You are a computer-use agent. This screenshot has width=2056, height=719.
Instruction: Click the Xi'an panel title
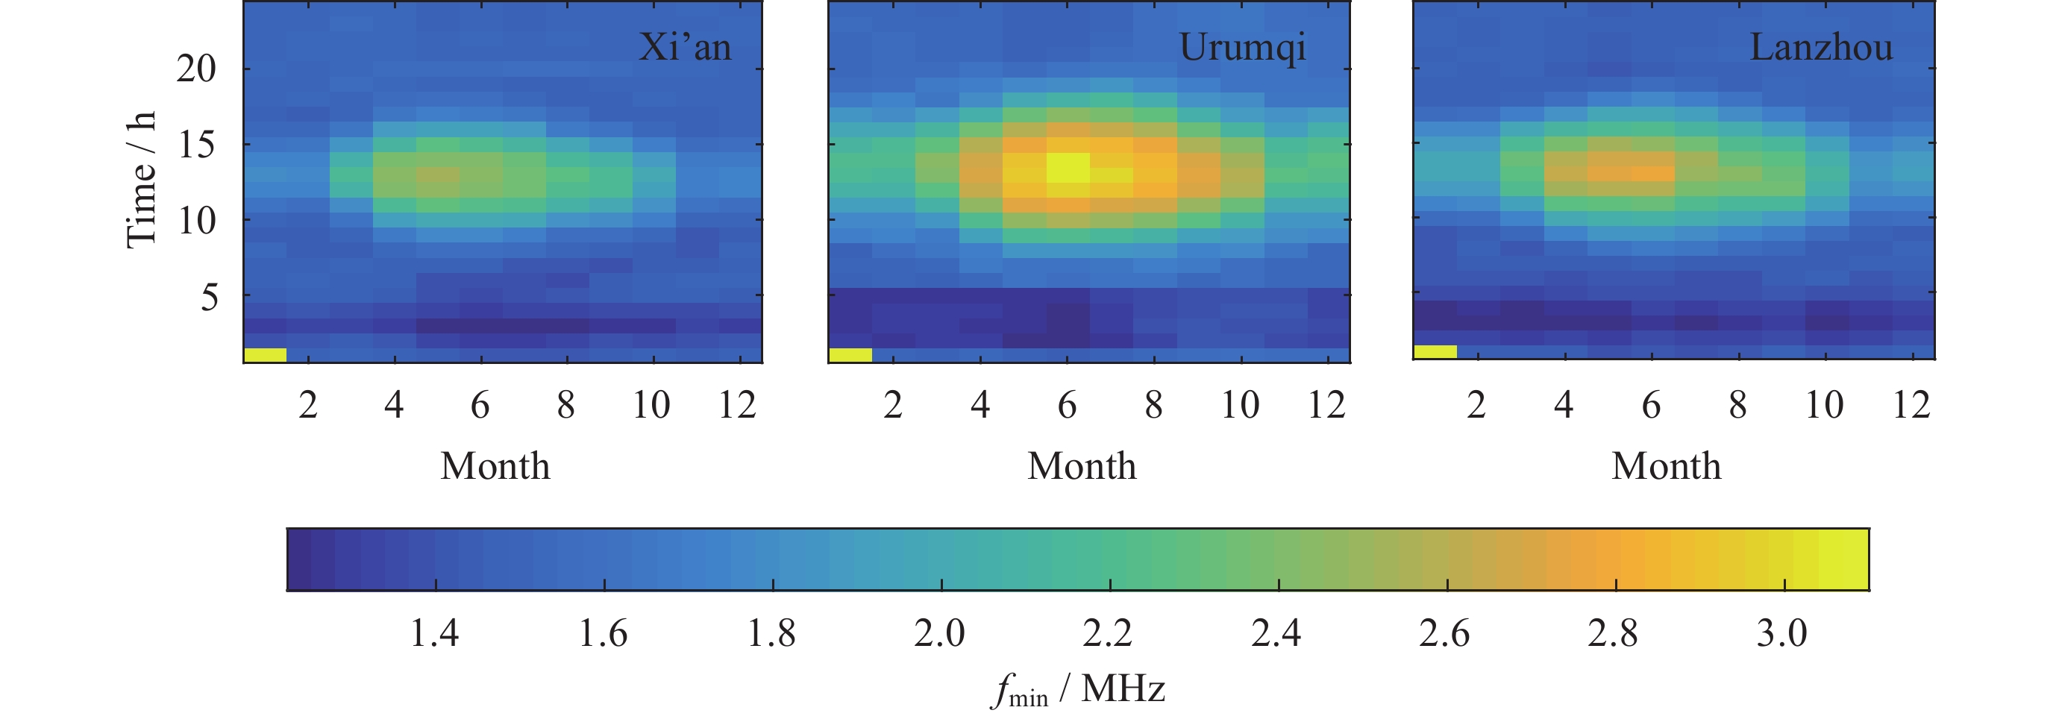[685, 47]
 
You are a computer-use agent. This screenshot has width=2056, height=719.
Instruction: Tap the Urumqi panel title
[1242, 48]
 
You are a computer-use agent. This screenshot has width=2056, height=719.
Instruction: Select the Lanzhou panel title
[1820, 47]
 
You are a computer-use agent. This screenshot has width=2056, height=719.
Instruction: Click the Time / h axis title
[141, 180]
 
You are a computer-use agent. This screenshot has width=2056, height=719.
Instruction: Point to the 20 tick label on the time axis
[196, 69]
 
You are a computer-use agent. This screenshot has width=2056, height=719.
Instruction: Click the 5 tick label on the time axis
[209, 298]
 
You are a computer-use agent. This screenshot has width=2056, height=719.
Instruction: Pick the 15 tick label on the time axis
[196, 145]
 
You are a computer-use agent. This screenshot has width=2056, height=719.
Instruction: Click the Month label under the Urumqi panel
[1082, 466]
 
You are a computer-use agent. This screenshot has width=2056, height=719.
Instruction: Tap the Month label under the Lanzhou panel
[1666, 466]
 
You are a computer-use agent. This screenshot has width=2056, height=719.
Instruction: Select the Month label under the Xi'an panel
[495, 466]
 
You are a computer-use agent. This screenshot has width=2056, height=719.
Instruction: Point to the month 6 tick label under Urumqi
[1067, 406]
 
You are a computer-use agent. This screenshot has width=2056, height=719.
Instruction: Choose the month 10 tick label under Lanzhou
[1825, 406]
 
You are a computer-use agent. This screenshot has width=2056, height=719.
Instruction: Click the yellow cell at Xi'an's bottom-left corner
[265, 355]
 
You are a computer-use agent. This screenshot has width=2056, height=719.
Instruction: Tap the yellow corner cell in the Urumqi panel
[850, 355]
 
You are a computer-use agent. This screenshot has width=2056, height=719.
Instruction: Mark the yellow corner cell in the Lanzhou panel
[1435, 352]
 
